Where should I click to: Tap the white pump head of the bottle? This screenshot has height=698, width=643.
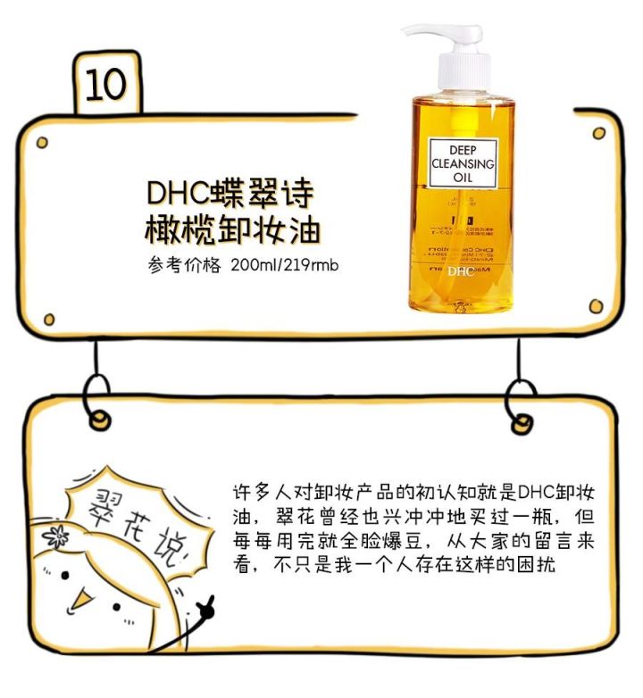tap(447, 45)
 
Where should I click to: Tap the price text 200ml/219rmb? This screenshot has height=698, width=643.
tap(285, 266)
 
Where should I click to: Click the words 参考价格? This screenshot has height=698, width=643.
tap(184, 266)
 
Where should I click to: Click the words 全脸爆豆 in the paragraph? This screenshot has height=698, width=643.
tap(367, 542)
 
